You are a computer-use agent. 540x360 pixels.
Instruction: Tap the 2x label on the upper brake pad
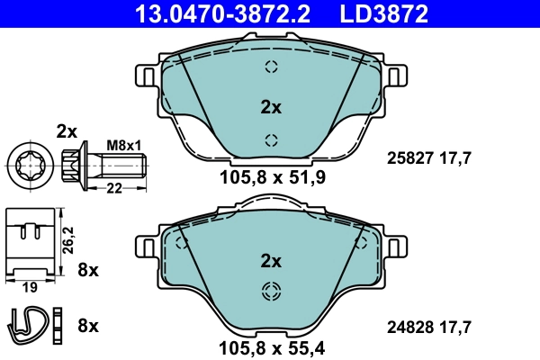[x=271, y=107]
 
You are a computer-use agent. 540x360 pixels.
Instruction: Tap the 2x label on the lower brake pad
[x=271, y=261]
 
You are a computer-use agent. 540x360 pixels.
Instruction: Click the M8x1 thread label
[x=124, y=145]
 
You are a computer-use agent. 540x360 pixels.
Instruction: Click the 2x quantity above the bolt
[x=67, y=130]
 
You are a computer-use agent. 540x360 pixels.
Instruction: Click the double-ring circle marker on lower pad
[x=271, y=290]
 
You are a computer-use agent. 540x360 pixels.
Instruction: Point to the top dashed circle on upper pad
[x=271, y=67]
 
